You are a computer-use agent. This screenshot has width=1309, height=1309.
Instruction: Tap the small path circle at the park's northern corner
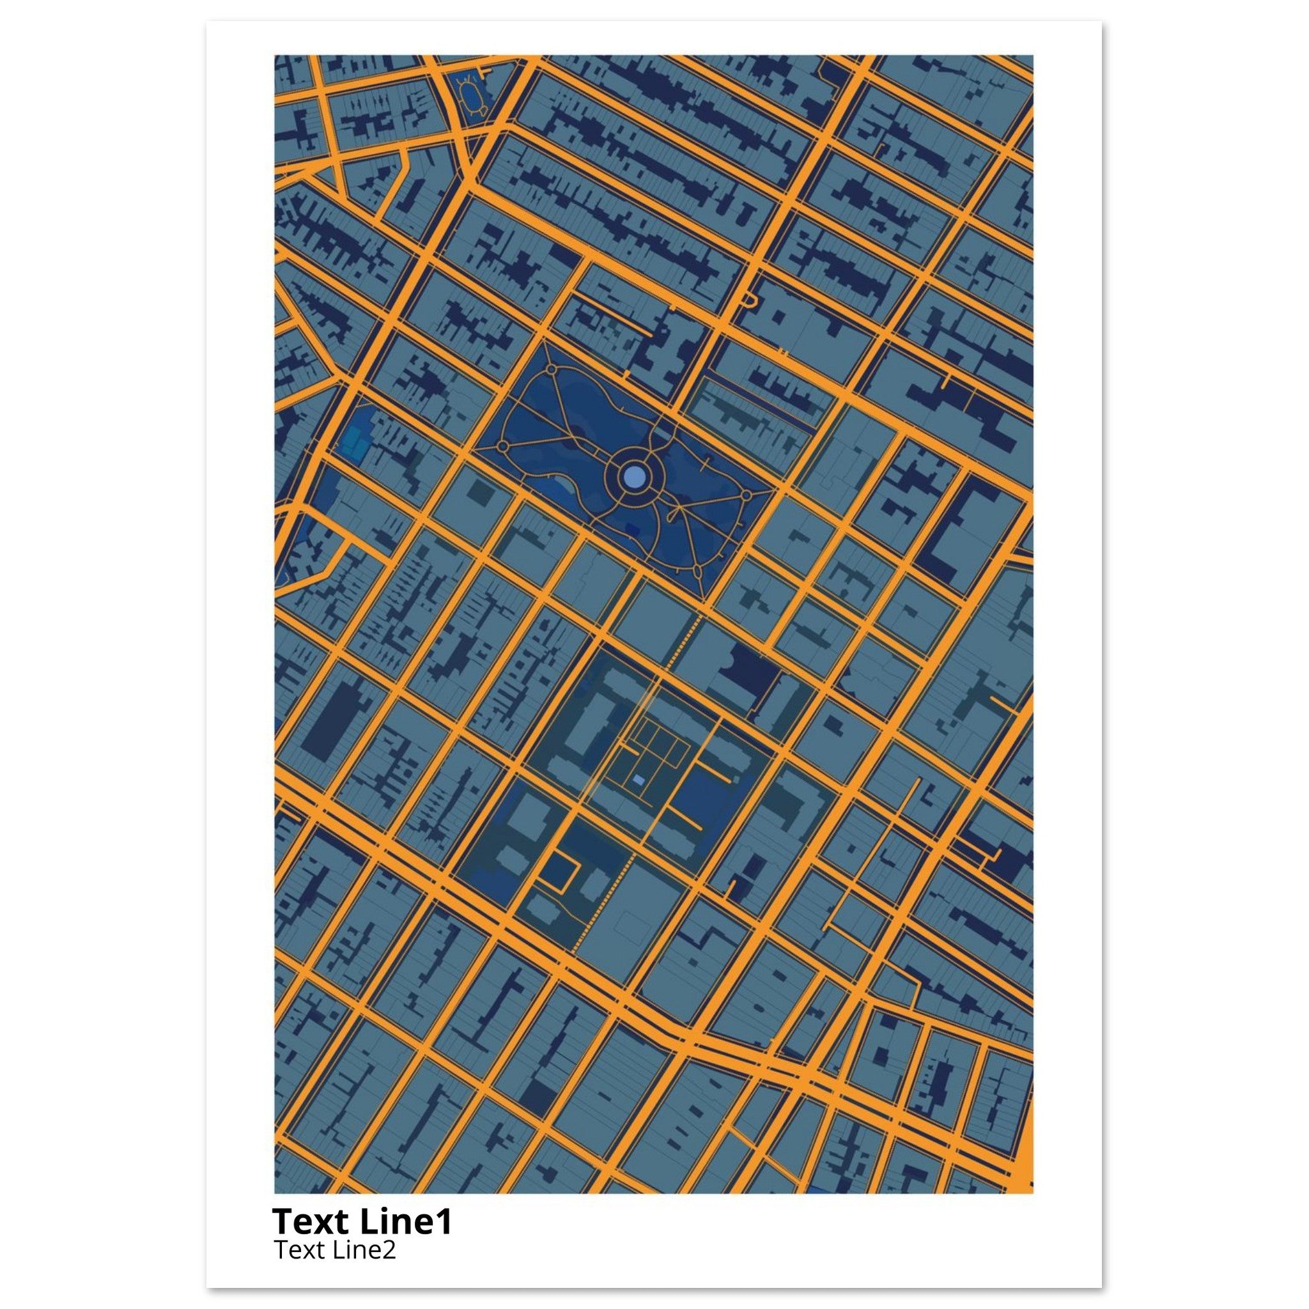tap(551, 370)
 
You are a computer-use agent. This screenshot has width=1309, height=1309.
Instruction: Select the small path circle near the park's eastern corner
tap(746, 495)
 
